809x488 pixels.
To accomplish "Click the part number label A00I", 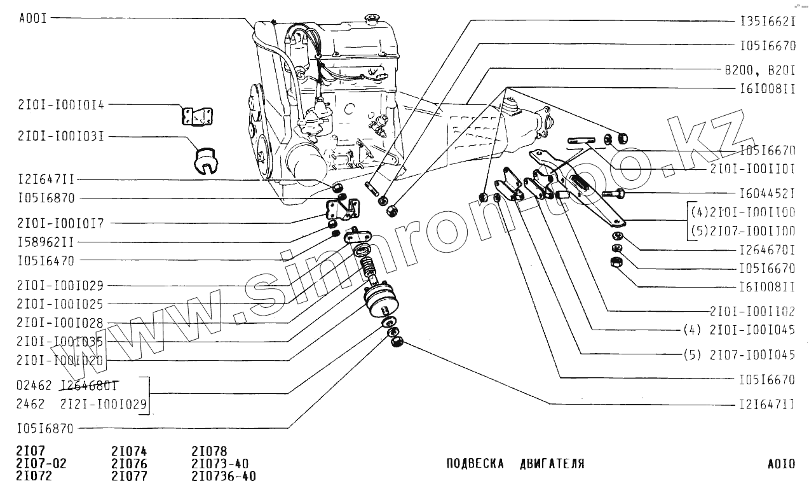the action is [x=33, y=18].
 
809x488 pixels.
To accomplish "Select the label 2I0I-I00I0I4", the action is [x=61, y=105].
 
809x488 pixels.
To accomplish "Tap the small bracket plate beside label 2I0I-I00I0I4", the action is [x=197, y=116].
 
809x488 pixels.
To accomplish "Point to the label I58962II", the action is [x=47, y=242].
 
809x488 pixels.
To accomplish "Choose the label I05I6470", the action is [x=47, y=260].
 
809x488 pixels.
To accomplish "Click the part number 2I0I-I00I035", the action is [x=60, y=342].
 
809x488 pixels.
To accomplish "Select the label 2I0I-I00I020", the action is [x=60, y=360].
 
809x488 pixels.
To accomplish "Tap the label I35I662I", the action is [x=768, y=21].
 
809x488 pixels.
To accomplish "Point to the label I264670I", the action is [x=768, y=251].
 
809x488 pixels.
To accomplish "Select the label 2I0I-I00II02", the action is [x=752, y=312].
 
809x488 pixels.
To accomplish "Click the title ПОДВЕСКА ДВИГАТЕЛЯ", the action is [x=515, y=464].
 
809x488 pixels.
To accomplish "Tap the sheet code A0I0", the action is [x=781, y=464].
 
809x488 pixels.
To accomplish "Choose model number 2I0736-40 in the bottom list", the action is [x=224, y=477].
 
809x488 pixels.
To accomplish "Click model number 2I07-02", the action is [x=41, y=463].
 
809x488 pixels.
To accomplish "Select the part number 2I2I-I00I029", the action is [x=104, y=404].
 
